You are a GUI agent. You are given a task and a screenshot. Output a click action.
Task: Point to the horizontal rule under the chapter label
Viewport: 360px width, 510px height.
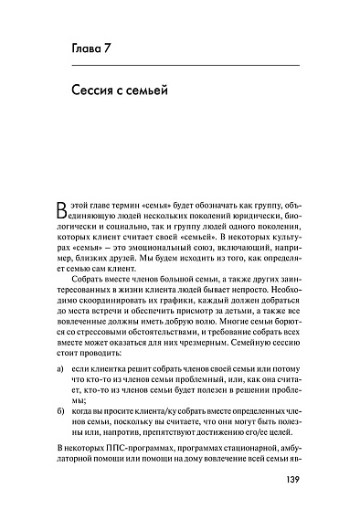point(184,67)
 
